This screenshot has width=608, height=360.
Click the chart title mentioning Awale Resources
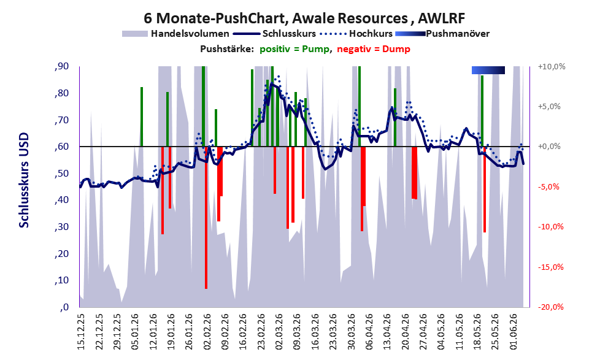coord(304,18)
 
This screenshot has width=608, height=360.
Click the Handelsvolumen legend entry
coord(175,34)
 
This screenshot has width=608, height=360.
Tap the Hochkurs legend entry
coord(356,34)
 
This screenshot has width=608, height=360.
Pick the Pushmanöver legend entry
coord(442,34)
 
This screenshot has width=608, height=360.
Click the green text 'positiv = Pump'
coord(294,49)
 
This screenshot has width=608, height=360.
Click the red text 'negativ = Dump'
coord(374,49)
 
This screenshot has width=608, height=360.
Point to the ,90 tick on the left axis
coord(62,66)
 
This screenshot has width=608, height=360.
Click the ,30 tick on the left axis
coord(62,227)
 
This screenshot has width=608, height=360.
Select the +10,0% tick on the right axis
coord(552,67)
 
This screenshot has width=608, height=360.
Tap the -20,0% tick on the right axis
coord(551,307)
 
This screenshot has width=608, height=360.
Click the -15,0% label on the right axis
coord(551,267)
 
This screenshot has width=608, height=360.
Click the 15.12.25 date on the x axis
coord(80,332)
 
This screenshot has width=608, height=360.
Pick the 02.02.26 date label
coord(207,332)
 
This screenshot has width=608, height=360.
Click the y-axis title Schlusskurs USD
coord(24,180)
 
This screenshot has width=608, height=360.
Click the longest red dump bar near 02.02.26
coord(206,217)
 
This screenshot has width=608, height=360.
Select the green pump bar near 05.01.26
coord(142,117)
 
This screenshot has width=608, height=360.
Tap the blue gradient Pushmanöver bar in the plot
coord(488,70)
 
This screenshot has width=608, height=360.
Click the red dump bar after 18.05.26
coord(485,190)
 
